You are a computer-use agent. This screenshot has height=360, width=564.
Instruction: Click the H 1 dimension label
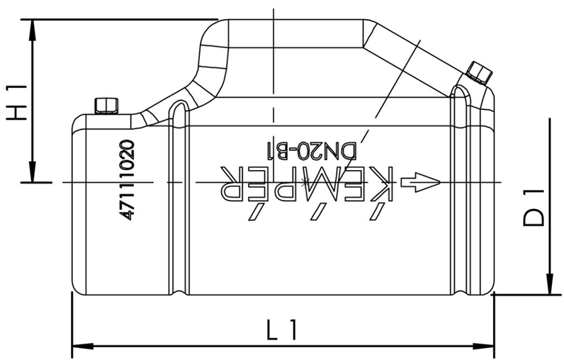[x=16, y=102]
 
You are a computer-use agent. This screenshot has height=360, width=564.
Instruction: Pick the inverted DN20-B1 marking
[x=312, y=150]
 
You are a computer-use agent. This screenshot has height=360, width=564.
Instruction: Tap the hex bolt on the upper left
[x=106, y=105]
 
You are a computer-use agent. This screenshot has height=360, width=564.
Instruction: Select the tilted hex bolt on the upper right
[x=479, y=72]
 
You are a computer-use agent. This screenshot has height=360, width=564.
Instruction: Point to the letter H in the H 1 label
[x=16, y=112]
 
